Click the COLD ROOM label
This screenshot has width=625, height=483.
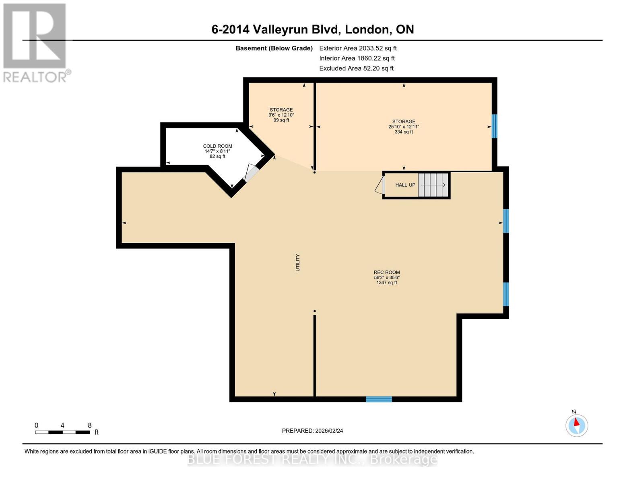coord(217,146)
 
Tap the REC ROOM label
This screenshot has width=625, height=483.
coord(387,272)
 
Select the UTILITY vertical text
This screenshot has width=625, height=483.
coord(298,262)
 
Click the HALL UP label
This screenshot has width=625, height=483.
coord(405,185)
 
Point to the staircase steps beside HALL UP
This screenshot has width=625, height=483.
coord(433,185)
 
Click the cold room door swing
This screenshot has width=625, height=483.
coord(252,173)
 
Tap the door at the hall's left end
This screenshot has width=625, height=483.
coord(380,186)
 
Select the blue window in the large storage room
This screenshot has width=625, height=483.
coord(495,126)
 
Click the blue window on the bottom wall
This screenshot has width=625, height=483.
coord(379,399)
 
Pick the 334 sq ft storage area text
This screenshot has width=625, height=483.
coord(404,132)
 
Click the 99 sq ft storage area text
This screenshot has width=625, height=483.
coord(281,120)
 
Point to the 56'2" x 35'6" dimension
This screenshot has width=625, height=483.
coord(387,278)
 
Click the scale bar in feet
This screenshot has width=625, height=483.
coord(62,432)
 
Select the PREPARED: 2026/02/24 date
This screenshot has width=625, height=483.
coord(312,431)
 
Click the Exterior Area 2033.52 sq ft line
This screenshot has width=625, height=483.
coord(358,48)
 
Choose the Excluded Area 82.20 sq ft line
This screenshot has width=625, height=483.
coord(356,68)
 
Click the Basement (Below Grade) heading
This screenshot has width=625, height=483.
coord(274,48)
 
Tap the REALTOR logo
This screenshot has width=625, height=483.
coord(35,42)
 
